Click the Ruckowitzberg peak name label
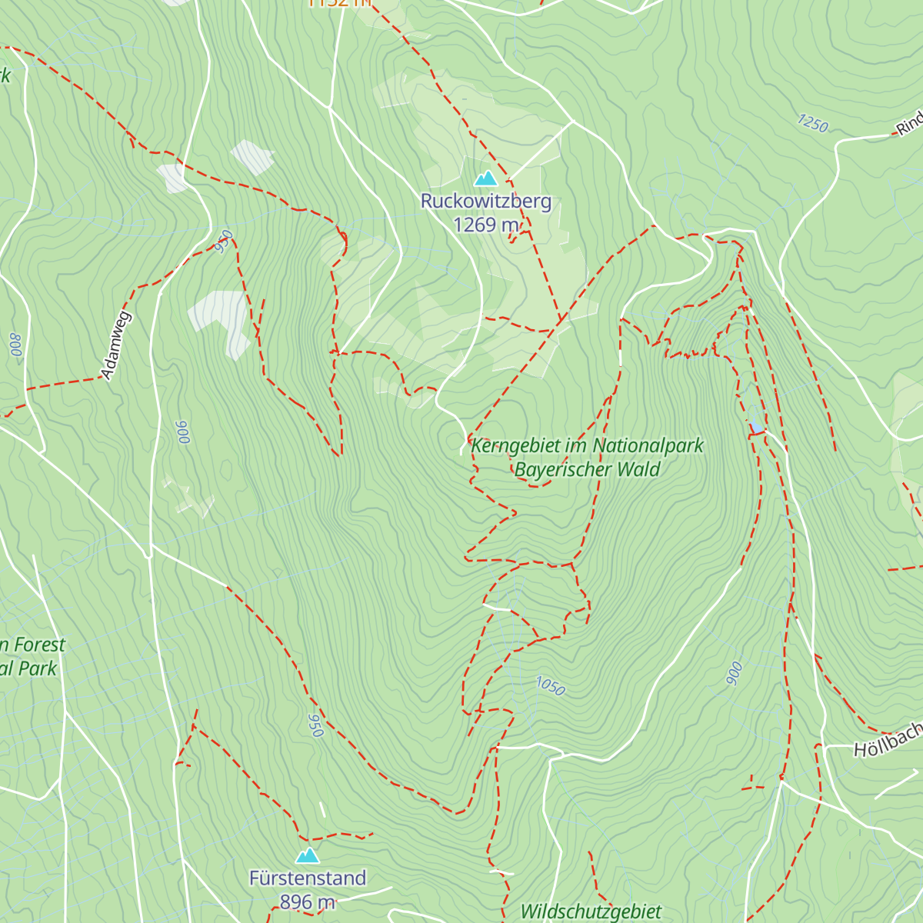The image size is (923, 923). (x=485, y=202)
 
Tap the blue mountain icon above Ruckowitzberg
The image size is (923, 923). (x=485, y=179)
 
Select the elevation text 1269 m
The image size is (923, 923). (x=486, y=225)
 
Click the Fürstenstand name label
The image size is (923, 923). (x=308, y=878)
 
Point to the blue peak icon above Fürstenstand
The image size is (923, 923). (x=308, y=856)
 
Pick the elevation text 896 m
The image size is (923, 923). (x=308, y=901)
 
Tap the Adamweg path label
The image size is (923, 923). (x=117, y=345)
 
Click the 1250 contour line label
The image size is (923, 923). (x=812, y=123)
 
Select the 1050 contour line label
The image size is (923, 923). (x=550, y=685)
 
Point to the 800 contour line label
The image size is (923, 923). (x=15, y=344)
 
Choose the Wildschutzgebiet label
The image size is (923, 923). (x=591, y=912)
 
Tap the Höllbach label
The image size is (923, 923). (x=888, y=740)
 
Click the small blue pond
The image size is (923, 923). (x=757, y=426)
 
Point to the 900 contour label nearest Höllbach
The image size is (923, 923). (x=735, y=673)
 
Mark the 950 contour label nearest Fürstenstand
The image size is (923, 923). (x=315, y=725)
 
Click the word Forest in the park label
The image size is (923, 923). (x=38, y=645)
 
